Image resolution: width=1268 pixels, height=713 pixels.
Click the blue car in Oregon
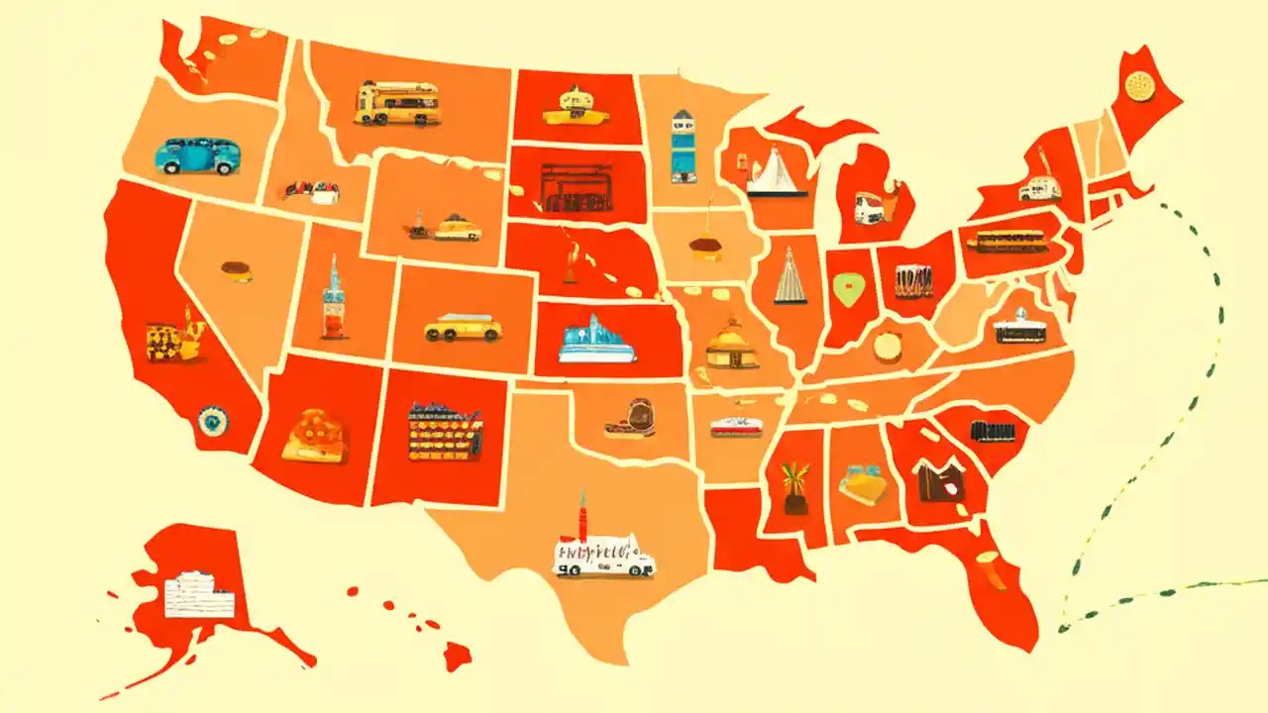click(197, 156)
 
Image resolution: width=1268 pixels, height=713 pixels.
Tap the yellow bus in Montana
click(396, 103)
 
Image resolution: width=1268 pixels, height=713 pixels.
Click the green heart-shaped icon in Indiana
click(846, 289)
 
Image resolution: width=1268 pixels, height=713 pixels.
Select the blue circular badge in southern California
click(211, 422)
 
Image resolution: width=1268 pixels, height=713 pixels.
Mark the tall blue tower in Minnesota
click(683, 147)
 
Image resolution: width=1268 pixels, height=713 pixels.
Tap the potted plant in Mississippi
click(794, 488)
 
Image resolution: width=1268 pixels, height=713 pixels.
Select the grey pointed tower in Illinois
click(790, 276)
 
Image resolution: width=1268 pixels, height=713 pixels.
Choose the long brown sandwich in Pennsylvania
click(1010, 242)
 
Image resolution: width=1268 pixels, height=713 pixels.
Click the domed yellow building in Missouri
click(732, 346)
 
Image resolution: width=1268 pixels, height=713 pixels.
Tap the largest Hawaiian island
click(458, 655)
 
